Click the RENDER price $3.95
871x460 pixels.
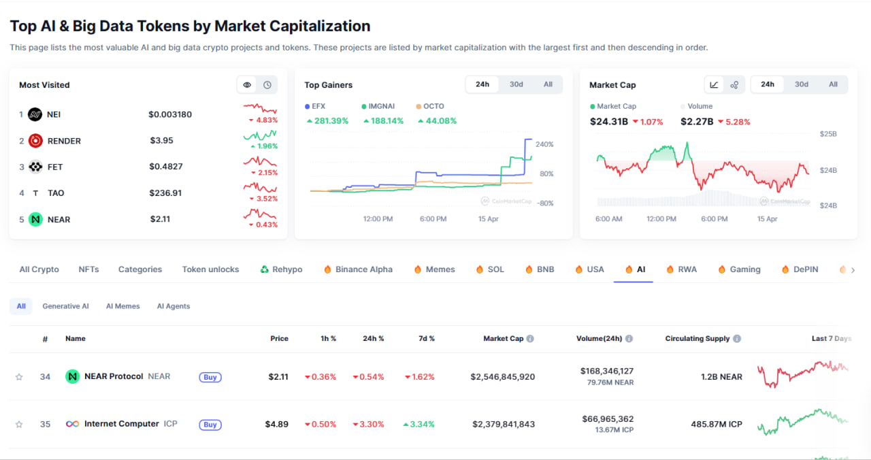tap(161, 141)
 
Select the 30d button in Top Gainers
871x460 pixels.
tap(516, 84)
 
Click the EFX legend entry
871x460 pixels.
tap(315, 106)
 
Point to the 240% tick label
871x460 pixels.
tap(544, 144)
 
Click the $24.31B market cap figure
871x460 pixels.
tap(608, 122)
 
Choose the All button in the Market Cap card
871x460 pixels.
tap(833, 84)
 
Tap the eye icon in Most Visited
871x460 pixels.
tap(247, 85)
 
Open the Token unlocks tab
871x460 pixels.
tap(210, 269)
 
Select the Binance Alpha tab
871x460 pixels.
tap(363, 269)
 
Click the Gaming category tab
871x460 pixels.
tap(744, 269)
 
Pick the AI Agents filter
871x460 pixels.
tap(174, 306)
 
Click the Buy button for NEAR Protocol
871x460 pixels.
tap(210, 377)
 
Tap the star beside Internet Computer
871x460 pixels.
tap(19, 425)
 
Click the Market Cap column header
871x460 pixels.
tap(503, 338)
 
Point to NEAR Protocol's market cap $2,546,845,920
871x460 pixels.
tap(503, 376)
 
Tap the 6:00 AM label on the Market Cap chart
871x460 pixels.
tap(608, 219)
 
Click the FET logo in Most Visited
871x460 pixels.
tap(35, 167)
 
